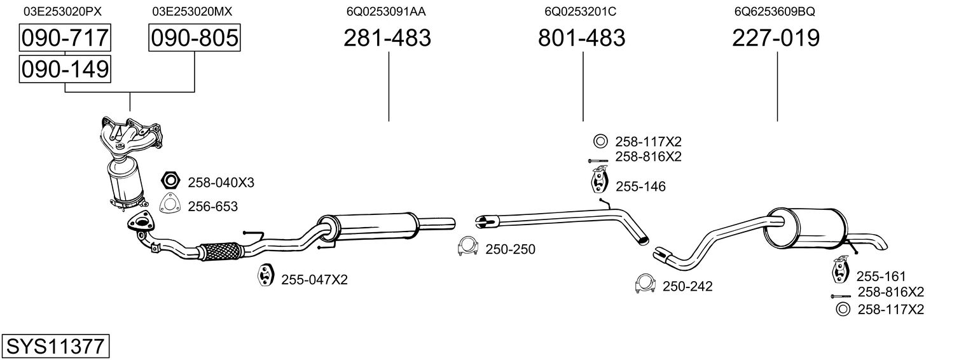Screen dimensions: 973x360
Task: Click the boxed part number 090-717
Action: [65, 38]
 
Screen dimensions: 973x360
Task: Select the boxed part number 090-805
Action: [194, 38]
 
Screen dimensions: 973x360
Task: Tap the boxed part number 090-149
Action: [65, 69]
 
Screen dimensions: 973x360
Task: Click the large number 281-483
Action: [387, 38]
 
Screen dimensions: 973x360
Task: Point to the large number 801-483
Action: [582, 38]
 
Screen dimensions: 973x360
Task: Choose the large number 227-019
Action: [776, 38]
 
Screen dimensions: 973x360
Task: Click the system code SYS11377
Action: [55, 346]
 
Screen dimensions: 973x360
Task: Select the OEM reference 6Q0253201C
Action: [581, 11]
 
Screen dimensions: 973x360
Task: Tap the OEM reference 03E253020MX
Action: [192, 11]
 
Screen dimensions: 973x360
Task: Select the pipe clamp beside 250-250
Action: [468, 246]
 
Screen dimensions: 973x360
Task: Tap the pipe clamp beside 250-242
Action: [645, 284]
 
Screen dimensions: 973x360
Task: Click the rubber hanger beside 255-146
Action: [600, 179]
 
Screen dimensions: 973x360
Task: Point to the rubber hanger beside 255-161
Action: [841, 269]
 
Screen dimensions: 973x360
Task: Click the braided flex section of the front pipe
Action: [220, 251]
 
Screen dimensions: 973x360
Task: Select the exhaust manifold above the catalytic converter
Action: [132, 136]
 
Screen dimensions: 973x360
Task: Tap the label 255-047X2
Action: [315, 280]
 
